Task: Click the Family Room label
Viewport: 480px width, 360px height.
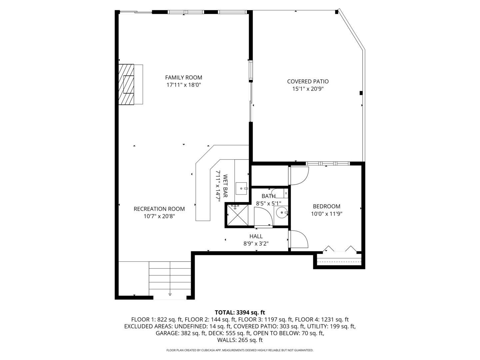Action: coord(183,77)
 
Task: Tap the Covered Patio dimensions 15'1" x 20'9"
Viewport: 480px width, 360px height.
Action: coord(308,89)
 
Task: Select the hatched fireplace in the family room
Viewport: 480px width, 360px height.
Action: coord(126,84)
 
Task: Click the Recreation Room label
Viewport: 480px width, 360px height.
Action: coord(159,209)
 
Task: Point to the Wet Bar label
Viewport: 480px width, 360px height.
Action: coord(225,186)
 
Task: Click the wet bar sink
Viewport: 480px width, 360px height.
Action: coord(241,188)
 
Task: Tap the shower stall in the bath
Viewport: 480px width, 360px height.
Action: coord(238,215)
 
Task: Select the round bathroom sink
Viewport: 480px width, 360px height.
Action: coord(282,212)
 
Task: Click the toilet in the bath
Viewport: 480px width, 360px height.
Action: coord(280,193)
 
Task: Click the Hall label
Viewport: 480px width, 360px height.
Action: coord(256,236)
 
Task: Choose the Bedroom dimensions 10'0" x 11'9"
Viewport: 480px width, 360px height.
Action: coord(326,214)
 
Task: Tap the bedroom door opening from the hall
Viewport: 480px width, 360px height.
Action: coord(298,239)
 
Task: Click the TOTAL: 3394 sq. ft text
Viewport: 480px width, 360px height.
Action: coord(240,312)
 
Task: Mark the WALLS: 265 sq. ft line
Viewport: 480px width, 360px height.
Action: coord(240,340)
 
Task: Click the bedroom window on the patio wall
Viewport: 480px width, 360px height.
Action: coord(328,163)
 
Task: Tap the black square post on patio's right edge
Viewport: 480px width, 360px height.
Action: coord(361,93)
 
